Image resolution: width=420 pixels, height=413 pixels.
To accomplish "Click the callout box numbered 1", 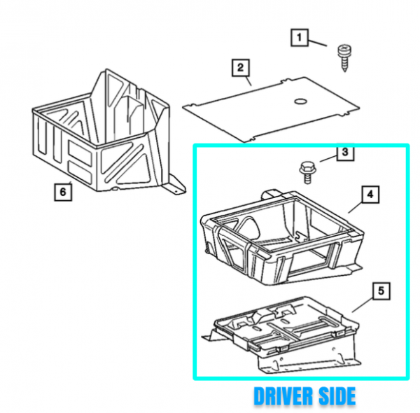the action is click(300, 38).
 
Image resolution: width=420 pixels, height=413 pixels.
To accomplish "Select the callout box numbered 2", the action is click(241, 68).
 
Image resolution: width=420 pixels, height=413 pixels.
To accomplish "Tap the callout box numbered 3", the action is click(345, 153).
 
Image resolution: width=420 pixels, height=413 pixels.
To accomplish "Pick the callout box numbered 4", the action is click(370, 195).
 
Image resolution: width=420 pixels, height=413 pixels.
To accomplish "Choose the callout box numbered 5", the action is click(381, 291).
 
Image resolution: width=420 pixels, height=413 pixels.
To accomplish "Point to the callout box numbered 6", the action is click(63, 192).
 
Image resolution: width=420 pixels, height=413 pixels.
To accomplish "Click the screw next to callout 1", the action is click(344, 58).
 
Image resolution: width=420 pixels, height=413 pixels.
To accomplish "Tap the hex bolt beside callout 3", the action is click(307, 172).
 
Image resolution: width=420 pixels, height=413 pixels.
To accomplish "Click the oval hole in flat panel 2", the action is click(300, 101).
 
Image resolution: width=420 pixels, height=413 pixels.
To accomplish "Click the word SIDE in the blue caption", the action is click(337, 396).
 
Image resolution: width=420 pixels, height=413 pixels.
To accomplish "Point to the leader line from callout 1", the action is click(317, 43).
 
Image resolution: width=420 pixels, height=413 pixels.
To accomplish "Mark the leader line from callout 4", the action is click(355, 208).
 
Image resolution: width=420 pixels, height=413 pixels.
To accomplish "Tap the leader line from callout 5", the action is click(363, 306).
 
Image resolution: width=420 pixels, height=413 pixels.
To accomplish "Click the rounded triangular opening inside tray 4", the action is click(250, 227).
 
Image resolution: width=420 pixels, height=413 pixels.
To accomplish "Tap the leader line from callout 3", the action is click(328, 159).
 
